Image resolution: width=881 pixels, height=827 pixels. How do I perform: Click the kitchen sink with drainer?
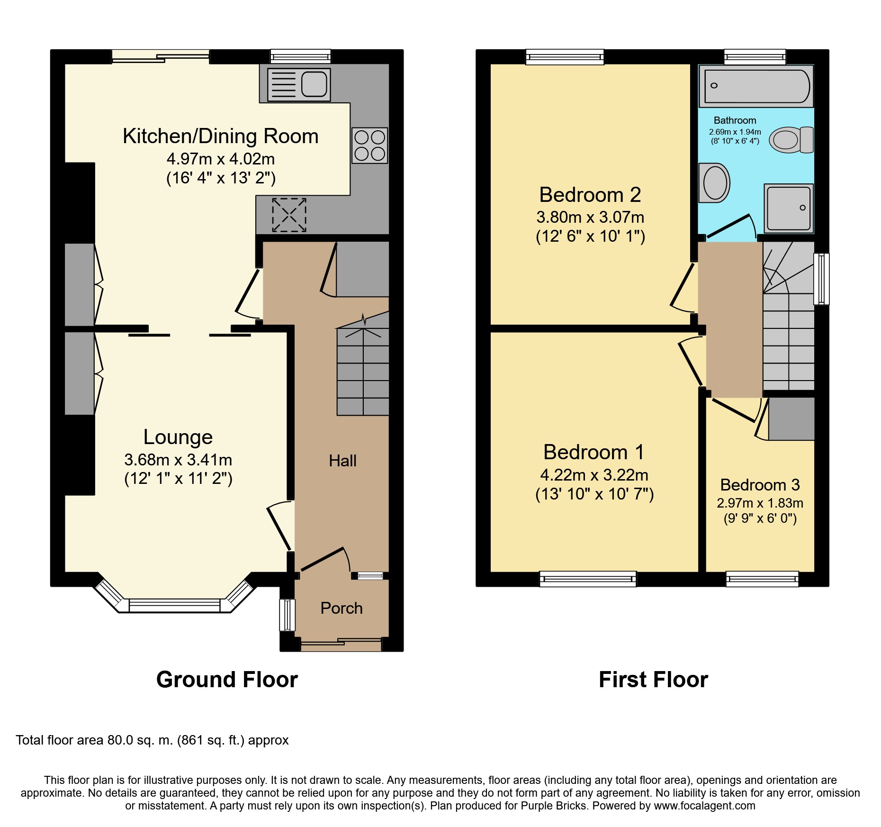point(299,85)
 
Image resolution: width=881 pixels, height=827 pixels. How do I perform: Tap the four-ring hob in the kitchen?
point(369,145)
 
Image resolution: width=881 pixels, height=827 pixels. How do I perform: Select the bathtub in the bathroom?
point(756,86)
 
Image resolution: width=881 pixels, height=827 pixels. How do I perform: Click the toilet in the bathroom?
point(791,140)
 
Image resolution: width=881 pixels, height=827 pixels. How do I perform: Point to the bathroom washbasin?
point(714,183)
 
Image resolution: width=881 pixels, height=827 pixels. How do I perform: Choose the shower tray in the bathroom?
point(789,208)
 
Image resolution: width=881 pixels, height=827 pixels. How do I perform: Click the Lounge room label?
point(178,437)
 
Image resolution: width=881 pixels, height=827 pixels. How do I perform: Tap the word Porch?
point(342,608)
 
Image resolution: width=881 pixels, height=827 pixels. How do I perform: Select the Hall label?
point(342,461)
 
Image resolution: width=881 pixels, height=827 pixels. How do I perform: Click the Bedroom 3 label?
point(760,485)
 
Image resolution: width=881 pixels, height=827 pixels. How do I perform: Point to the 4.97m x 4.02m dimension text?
point(221,159)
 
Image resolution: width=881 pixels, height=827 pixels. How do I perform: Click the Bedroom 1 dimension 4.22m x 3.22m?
point(594,475)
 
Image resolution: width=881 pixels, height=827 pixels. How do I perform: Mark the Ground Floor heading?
point(227,680)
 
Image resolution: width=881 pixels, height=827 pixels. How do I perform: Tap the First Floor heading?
point(653,680)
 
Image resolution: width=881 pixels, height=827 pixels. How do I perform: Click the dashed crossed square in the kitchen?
point(289,215)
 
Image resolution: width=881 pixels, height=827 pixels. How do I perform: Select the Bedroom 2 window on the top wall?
point(565,57)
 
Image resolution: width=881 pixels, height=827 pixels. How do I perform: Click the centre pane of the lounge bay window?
point(175,606)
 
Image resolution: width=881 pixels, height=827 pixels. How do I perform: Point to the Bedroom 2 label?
point(590,195)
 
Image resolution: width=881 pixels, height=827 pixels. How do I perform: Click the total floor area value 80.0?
point(120,740)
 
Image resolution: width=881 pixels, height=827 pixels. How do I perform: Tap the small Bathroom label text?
point(735,120)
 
